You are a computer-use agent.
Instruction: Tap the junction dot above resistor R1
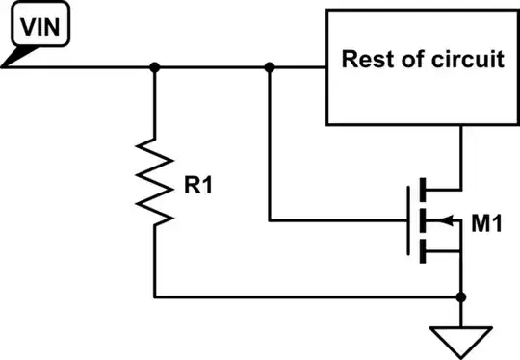pyautogui.click(x=154, y=67)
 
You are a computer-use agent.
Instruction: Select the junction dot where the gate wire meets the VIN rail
pyautogui.click(x=270, y=67)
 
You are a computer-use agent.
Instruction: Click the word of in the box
pyautogui.click(x=411, y=60)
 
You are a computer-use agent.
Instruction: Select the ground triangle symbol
pyautogui.click(x=462, y=338)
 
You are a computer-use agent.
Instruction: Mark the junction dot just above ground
pyautogui.click(x=462, y=297)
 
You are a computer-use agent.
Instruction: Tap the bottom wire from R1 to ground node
pyautogui.click(x=308, y=297)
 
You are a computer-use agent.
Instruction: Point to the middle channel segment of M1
pyautogui.click(x=423, y=222)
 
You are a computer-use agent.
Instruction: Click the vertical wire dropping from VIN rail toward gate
pyautogui.click(x=270, y=144)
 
